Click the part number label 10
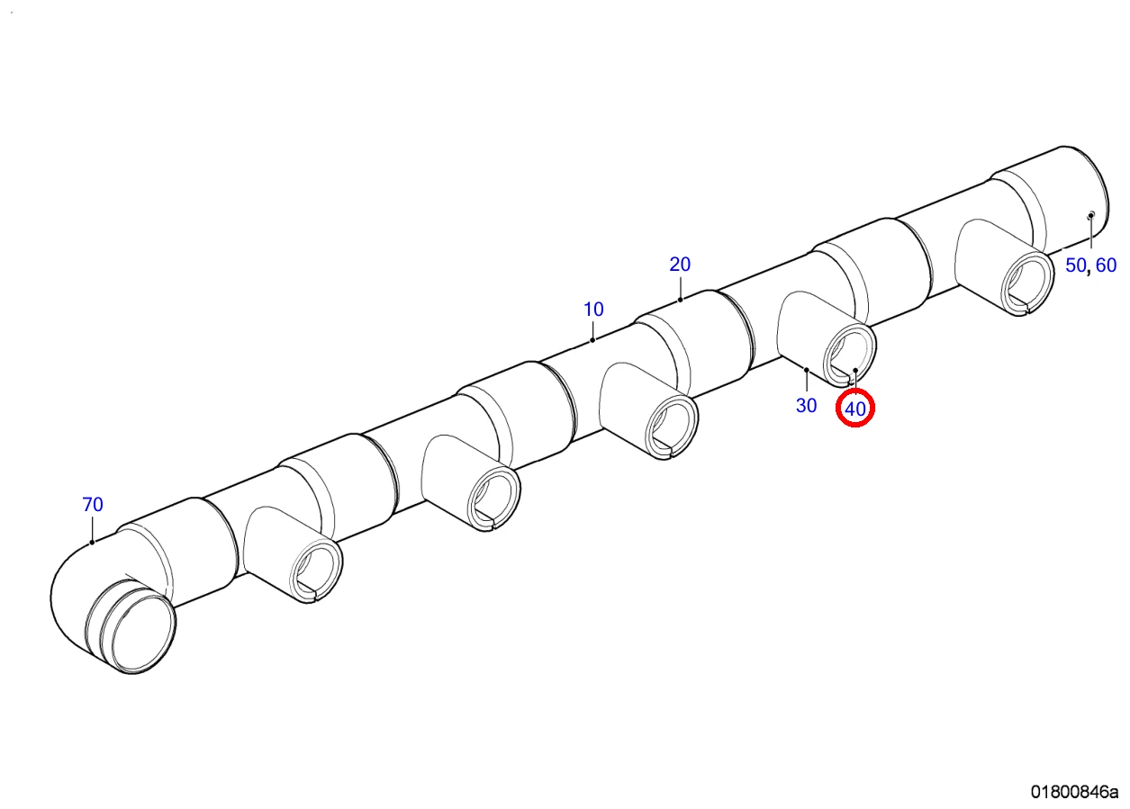click(x=593, y=310)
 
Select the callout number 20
click(x=680, y=265)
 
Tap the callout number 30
click(x=806, y=405)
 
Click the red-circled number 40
click(x=855, y=409)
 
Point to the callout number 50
click(x=1075, y=265)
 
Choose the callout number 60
click(x=1107, y=265)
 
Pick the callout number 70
click(x=93, y=504)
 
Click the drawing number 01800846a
click(x=1074, y=791)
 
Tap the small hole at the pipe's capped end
click(x=1090, y=215)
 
